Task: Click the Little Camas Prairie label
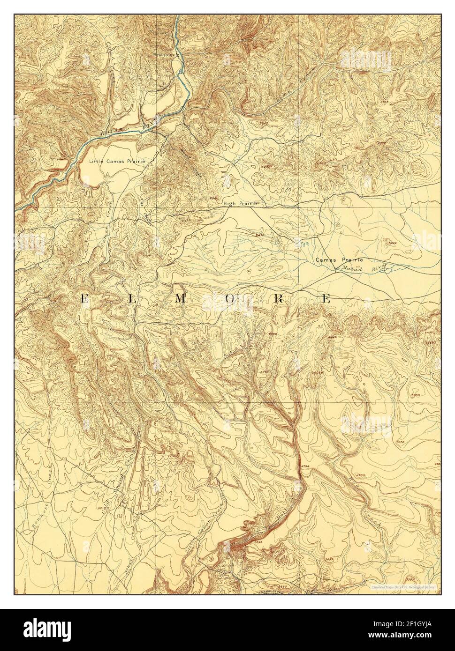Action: point(117,161)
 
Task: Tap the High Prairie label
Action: point(241,203)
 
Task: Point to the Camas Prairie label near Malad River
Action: point(339,259)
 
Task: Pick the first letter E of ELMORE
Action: point(84,298)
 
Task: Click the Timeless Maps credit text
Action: point(403,586)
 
